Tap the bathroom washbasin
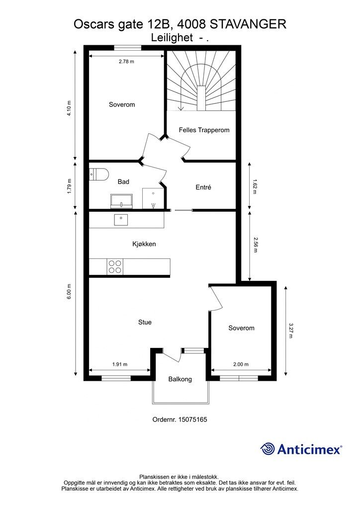tap(121, 201)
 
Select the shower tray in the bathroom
tap(153, 198)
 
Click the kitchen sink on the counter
tap(121, 220)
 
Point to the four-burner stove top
tap(114, 266)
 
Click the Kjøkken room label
tap(144, 244)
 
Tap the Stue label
tap(145, 322)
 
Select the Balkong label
tap(180, 379)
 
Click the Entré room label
tap(203, 187)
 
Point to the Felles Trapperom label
tap(204, 130)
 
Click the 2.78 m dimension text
tap(126, 61)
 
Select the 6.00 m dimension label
tap(69, 291)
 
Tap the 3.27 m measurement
tap(290, 331)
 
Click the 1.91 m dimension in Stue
tap(120, 364)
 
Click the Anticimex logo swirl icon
tap(268, 449)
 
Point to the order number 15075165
tap(193, 420)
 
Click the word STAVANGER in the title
tap(248, 24)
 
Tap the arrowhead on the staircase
tap(181, 108)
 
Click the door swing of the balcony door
tap(171, 356)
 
